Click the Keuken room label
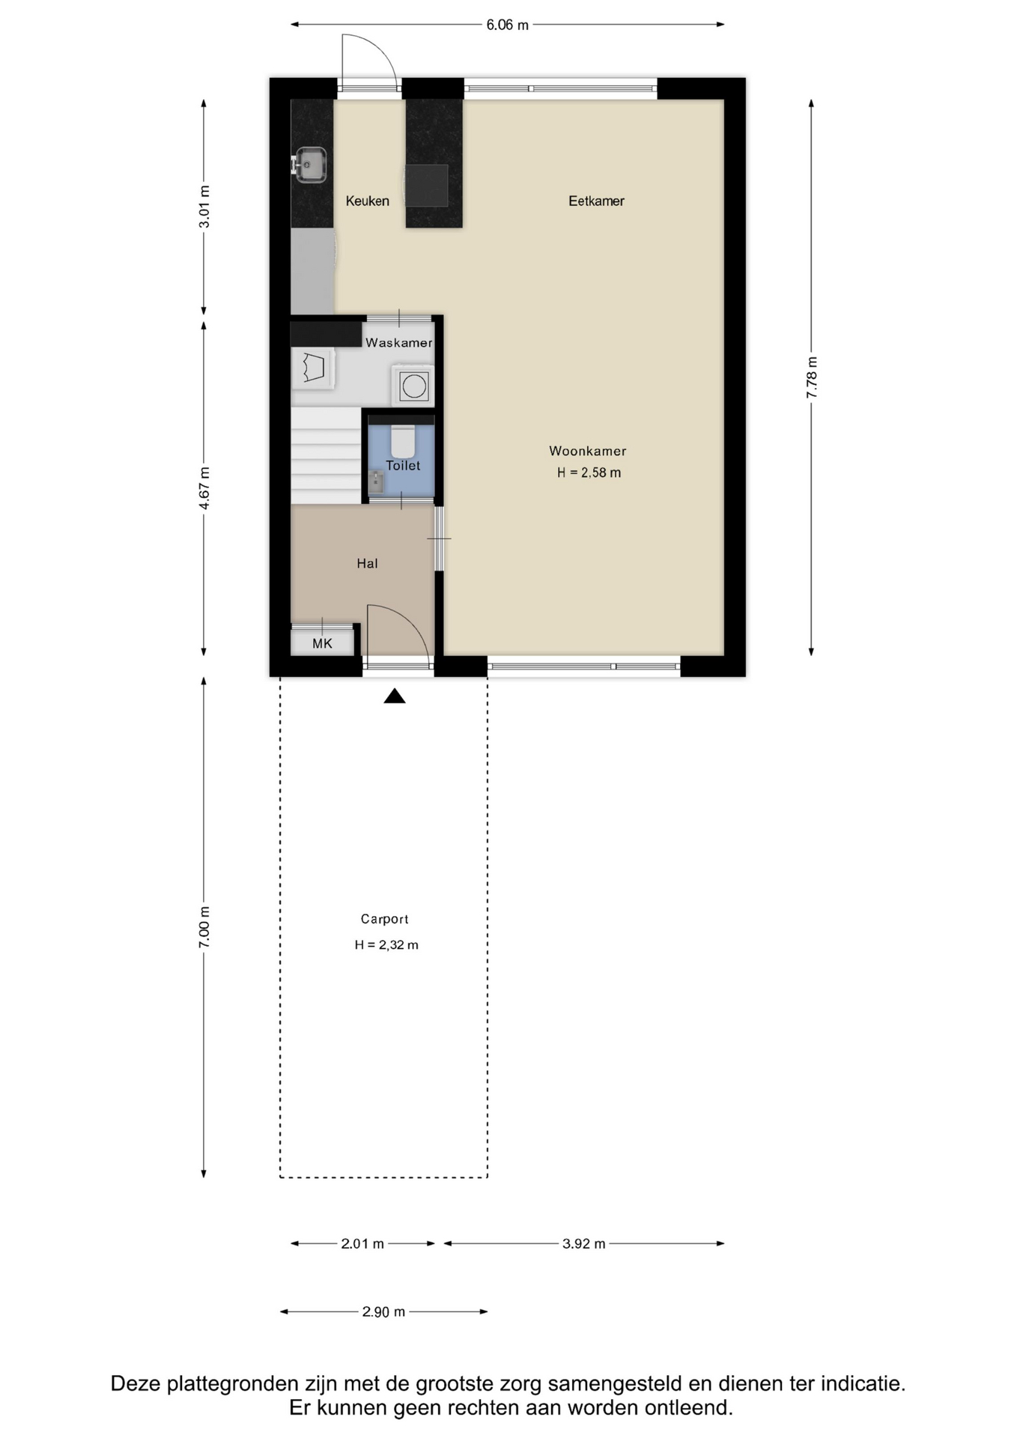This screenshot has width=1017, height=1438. (367, 201)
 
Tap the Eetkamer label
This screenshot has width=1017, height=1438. (596, 201)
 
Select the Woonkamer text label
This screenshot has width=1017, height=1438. (588, 451)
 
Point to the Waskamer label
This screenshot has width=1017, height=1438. (399, 343)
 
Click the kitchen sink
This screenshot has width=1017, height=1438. (309, 165)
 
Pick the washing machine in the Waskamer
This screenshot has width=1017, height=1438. (413, 386)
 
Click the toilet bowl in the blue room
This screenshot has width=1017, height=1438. (403, 441)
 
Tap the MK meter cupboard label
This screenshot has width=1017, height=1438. (322, 643)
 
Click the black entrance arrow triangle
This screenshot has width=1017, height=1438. (395, 697)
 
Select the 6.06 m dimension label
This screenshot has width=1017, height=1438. (507, 25)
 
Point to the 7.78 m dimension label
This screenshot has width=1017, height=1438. (812, 377)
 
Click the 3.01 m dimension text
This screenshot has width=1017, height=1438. (204, 206)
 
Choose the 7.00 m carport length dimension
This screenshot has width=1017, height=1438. (204, 926)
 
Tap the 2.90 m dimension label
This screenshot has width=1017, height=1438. (383, 1311)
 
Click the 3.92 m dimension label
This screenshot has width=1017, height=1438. (584, 1243)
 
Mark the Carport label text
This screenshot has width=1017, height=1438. (384, 919)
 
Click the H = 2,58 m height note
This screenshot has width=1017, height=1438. (589, 473)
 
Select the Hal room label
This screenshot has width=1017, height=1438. (367, 563)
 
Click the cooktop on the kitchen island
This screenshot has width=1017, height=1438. (426, 185)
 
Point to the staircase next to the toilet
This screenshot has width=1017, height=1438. (326, 455)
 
